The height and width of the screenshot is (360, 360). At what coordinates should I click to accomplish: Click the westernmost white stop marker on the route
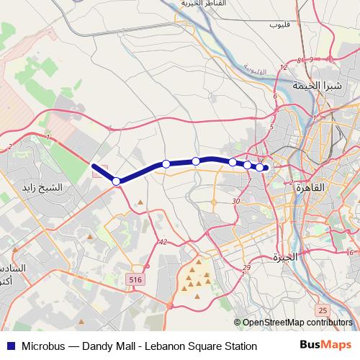(116, 181)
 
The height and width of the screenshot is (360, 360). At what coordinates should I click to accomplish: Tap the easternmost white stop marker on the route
(259, 167)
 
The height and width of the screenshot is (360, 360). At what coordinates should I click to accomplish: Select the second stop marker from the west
(166, 164)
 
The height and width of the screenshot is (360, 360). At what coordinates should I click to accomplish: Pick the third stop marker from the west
(196, 161)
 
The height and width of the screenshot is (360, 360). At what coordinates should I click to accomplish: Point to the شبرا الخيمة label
(315, 85)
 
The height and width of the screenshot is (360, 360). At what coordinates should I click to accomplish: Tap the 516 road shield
(135, 278)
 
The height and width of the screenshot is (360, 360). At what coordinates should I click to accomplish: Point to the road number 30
(236, 201)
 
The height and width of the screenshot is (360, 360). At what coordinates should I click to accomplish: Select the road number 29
(246, 268)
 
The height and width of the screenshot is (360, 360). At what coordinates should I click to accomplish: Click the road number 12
(283, 68)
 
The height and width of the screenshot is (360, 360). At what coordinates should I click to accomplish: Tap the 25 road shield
(323, 310)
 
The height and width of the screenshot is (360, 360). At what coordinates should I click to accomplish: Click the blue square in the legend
(10, 346)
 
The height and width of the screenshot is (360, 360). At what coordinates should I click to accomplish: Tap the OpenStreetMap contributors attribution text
(297, 323)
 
